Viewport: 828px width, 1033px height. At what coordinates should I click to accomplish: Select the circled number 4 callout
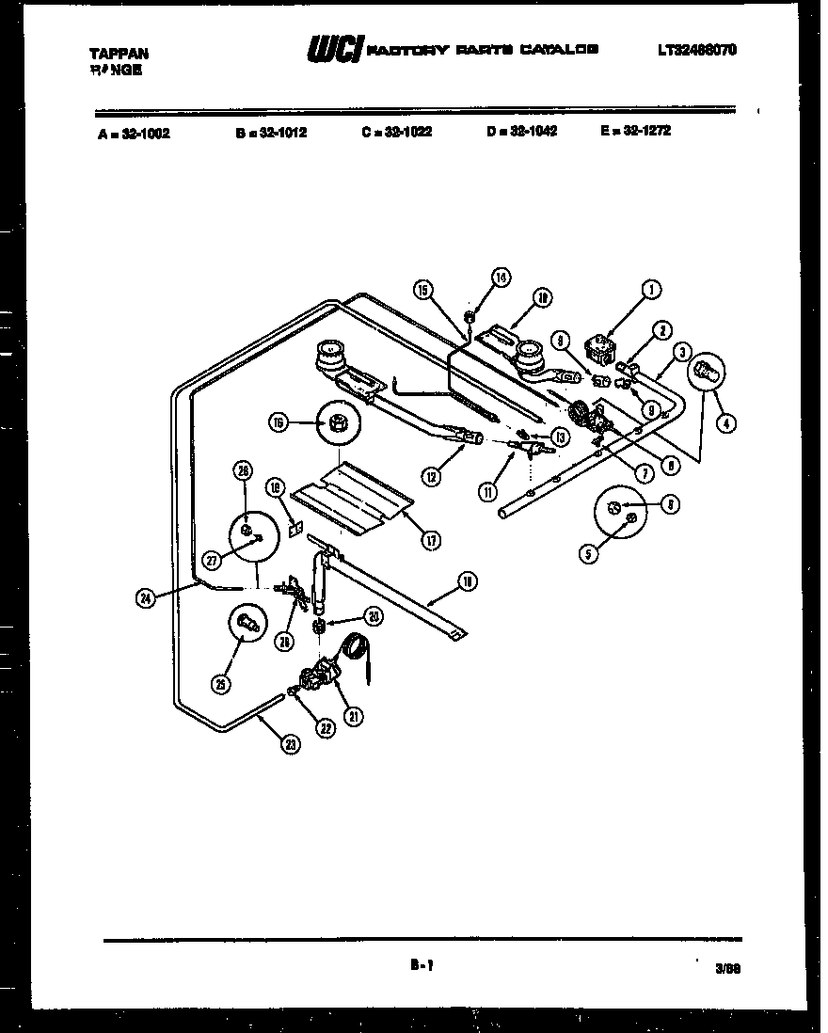coord(725,423)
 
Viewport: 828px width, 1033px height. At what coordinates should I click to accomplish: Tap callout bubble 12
coord(432,476)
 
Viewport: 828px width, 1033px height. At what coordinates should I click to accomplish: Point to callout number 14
coord(501,278)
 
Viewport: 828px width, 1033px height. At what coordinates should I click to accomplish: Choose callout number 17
coord(432,539)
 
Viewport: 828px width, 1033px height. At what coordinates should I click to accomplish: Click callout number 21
coord(354,716)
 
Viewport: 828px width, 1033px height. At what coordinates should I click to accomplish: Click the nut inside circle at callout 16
coord(337,423)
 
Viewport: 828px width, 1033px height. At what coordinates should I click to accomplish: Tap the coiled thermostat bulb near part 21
coord(355,646)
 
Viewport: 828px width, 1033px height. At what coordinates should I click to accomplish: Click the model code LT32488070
coord(697,50)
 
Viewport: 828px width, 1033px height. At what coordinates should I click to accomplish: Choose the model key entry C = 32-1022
coord(396,132)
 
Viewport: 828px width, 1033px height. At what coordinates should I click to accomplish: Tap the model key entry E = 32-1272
coord(635,131)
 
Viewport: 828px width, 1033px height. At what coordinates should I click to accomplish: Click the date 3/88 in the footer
coord(728,966)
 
